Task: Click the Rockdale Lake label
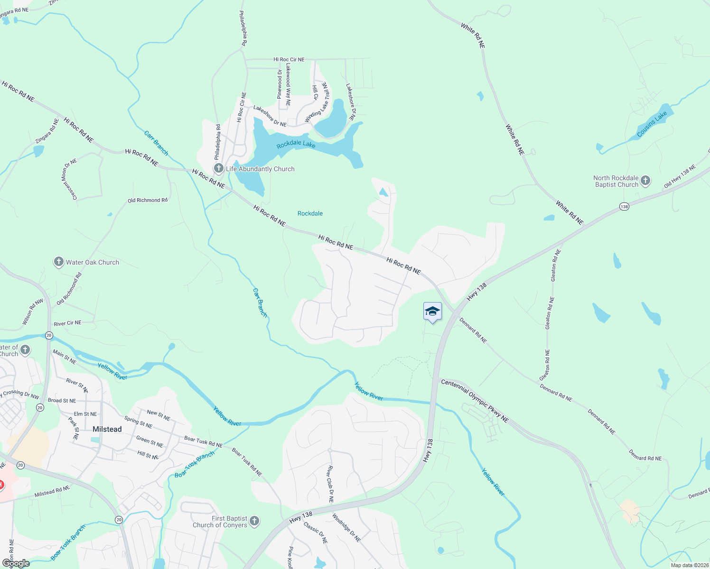click(296, 144)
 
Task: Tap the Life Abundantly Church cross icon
click(219, 168)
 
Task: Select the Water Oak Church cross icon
click(58, 262)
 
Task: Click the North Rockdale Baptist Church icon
click(645, 180)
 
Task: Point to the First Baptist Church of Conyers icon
click(254, 521)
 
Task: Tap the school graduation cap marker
click(432, 312)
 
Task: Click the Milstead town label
click(107, 429)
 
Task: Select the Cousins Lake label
click(652, 124)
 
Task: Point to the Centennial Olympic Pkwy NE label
click(475, 400)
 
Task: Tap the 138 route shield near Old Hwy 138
click(624, 207)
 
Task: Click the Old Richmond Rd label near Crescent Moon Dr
click(147, 200)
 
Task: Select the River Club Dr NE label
click(330, 484)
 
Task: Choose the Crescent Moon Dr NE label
click(70, 179)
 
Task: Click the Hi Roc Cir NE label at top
click(289, 60)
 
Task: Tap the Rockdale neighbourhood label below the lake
click(310, 213)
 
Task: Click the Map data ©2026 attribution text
click(689, 565)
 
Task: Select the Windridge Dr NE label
click(346, 527)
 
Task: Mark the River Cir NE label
click(67, 323)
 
